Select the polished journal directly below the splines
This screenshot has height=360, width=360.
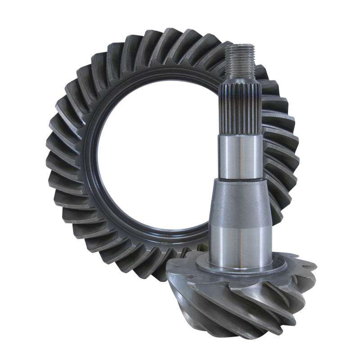[241, 155]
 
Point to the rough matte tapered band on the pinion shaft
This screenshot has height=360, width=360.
[241, 202]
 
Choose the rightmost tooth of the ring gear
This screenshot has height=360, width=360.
[295, 153]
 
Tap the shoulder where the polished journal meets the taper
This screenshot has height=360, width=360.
[241, 179]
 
